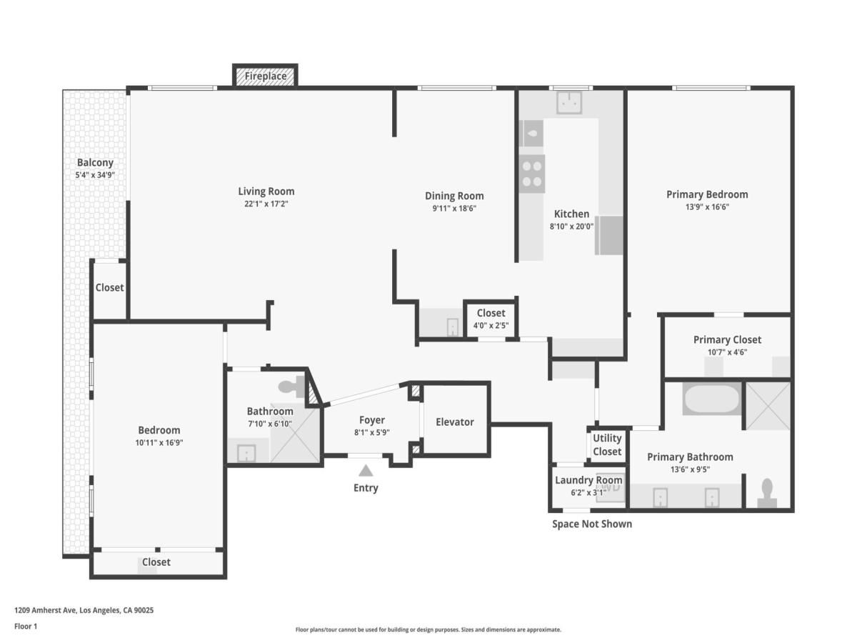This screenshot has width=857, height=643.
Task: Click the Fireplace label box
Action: tap(265, 76)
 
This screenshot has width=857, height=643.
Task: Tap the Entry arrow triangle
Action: tap(366, 470)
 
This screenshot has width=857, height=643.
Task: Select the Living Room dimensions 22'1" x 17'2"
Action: tap(266, 204)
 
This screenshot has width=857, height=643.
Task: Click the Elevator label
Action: tap(455, 422)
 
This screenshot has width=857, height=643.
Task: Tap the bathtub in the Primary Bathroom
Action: tap(711, 399)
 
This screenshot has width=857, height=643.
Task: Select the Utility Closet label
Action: tap(607, 444)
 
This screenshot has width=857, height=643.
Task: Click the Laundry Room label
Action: tap(588, 480)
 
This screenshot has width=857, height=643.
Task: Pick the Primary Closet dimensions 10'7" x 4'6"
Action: tap(727, 352)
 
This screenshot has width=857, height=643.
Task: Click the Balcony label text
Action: tap(95, 163)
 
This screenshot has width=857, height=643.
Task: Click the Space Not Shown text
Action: tap(591, 524)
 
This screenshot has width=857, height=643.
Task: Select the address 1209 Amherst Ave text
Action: tap(84, 610)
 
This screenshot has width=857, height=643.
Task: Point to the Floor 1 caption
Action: tap(26, 627)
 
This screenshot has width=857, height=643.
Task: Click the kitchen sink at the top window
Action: tap(569, 103)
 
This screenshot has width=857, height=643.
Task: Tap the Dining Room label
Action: tap(454, 196)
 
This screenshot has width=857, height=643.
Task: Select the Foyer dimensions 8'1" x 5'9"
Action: tap(371, 432)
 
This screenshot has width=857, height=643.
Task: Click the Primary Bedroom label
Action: tap(707, 194)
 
